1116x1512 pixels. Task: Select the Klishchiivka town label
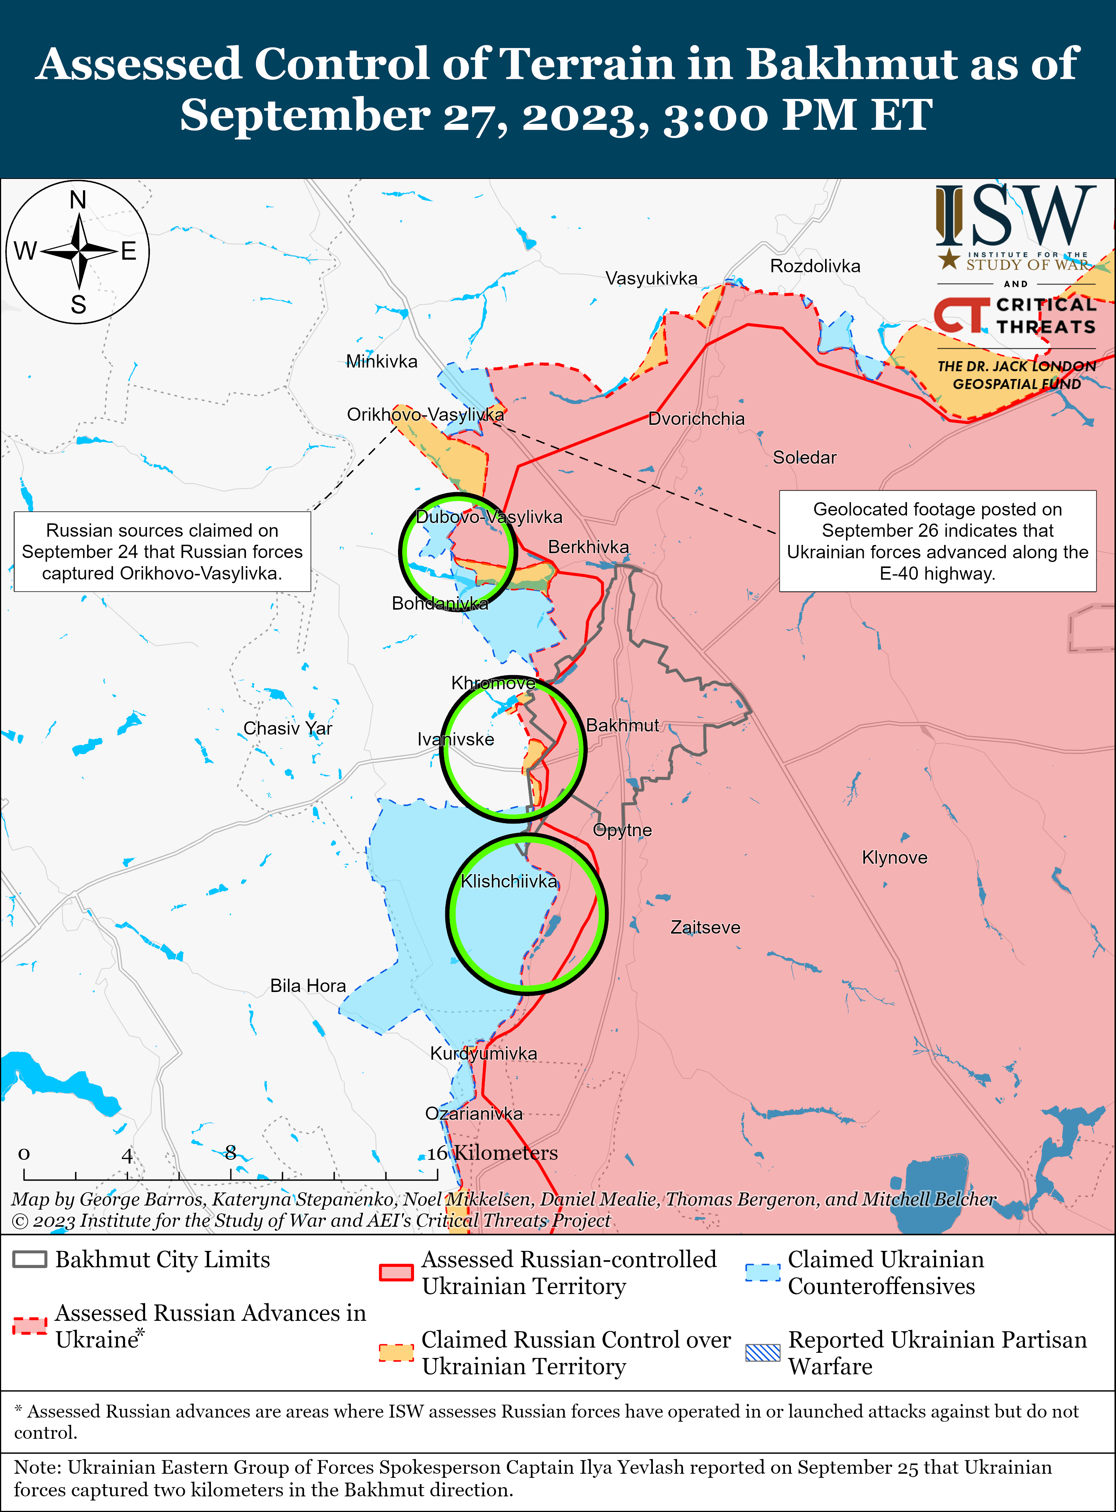tap(509, 881)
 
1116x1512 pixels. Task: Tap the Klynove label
tap(894, 858)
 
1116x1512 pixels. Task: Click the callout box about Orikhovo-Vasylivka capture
tap(162, 552)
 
